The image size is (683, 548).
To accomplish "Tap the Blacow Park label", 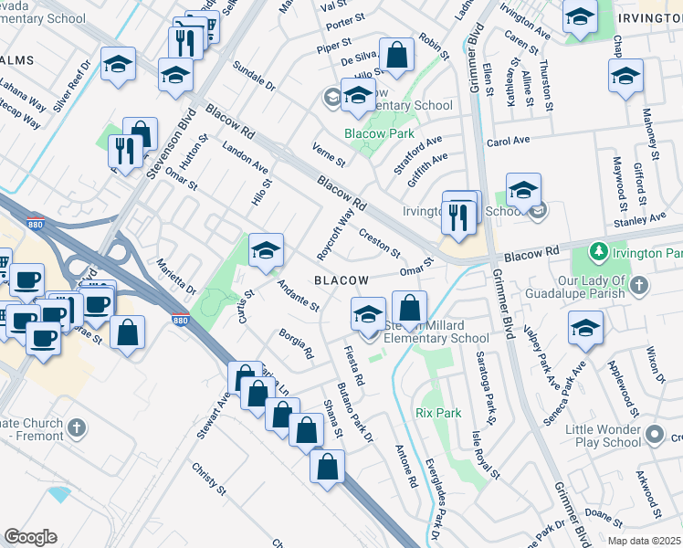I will (x=373, y=133).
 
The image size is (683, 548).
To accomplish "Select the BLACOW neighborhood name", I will (x=342, y=280).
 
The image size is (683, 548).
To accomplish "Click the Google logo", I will (x=30, y=536).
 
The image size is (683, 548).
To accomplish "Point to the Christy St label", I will (x=209, y=479).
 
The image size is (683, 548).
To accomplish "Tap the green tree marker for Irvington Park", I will (x=600, y=250).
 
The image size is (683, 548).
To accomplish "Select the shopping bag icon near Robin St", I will (x=397, y=54).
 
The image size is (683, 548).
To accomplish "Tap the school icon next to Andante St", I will (x=266, y=250).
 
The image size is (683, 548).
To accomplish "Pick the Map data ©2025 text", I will (x=643, y=541).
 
